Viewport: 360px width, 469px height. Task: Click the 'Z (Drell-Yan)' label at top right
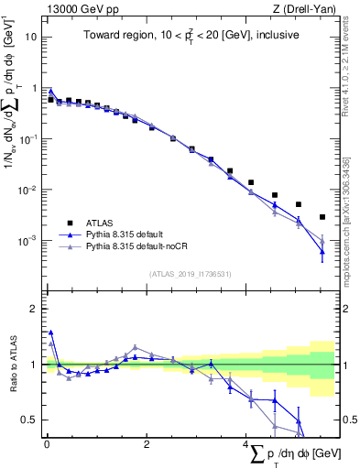[305, 8]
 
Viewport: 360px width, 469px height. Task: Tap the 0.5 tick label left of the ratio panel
[28, 420]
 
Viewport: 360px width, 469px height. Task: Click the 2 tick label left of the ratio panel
[33, 309]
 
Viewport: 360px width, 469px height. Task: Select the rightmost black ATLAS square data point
[322, 217]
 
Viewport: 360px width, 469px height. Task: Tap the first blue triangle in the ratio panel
[51, 333]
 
